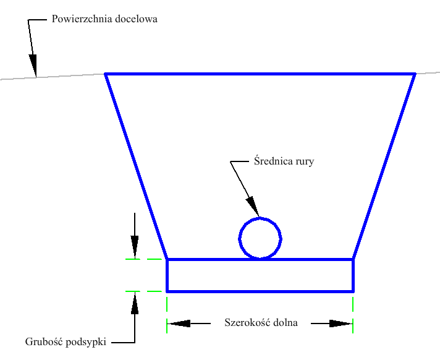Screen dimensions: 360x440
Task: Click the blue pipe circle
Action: click(260, 238)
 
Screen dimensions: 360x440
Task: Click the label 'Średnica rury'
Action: click(284, 162)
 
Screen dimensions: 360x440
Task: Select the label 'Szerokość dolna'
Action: click(261, 323)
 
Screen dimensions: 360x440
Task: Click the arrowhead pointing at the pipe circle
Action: click(253, 207)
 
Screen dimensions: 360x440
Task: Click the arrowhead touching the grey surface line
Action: click(33, 65)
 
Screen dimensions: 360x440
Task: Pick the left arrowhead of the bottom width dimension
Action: click(179, 323)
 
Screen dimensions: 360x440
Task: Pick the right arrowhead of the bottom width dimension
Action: click(341, 323)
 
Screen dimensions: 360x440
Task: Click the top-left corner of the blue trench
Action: click(106, 74)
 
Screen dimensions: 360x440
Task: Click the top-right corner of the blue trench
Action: click(415, 74)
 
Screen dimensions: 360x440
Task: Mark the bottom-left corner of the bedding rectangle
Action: click(167, 291)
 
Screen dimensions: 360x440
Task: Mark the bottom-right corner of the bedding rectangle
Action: click(353, 291)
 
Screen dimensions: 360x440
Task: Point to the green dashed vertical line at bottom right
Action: click(353, 315)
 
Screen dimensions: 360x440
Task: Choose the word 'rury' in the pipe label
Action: click(305, 163)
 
